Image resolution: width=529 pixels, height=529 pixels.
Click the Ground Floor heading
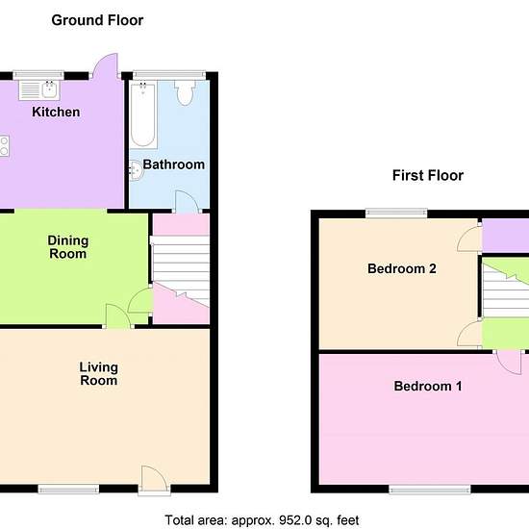pyautogui.click(x=97, y=20)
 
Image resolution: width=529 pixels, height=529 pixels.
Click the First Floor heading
pyautogui.click(x=428, y=175)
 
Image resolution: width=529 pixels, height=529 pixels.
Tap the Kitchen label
pyautogui.click(x=56, y=112)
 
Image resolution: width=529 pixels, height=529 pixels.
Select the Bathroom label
pyautogui.click(x=174, y=164)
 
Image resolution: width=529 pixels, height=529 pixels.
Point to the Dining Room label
pyautogui.click(x=68, y=247)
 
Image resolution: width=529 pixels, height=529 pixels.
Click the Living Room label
pyautogui.click(x=98, y=374)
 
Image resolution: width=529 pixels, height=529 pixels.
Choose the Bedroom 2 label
pyautogui.click(x=402, y=269)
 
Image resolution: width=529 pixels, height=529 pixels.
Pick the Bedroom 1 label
pyautogui.click(x=428, y=386)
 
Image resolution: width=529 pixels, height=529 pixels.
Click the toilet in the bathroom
pyautogui.click(x=185, y=92)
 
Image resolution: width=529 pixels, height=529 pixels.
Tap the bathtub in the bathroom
pyautogui.click(x=143, y=114)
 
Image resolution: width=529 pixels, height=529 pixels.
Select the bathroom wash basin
pyautogui.click(x=137, y=170)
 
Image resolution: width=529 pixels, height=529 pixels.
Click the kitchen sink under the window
pyautogui.click(x=39, y=90)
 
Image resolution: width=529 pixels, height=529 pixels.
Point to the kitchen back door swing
pyautogui.click(x=105, y=65)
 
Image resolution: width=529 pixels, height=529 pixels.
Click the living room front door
pyautogui.click(x=154, y=478)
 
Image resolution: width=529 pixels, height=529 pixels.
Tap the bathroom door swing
pyautogui.click(x=187, y=202)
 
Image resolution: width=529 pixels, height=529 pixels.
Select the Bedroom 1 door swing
pyautogui.click(x=509, y=363)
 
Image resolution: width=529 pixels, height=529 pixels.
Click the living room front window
pyautogui.click(x=68, y=489)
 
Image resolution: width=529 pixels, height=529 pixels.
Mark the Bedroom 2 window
pyautogui.click(x=396, y=213)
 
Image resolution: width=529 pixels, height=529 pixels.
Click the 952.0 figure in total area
pyautogui.click(x=295, y=520)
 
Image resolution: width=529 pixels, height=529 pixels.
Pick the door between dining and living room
pyautogui.click(x=117, y=315)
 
